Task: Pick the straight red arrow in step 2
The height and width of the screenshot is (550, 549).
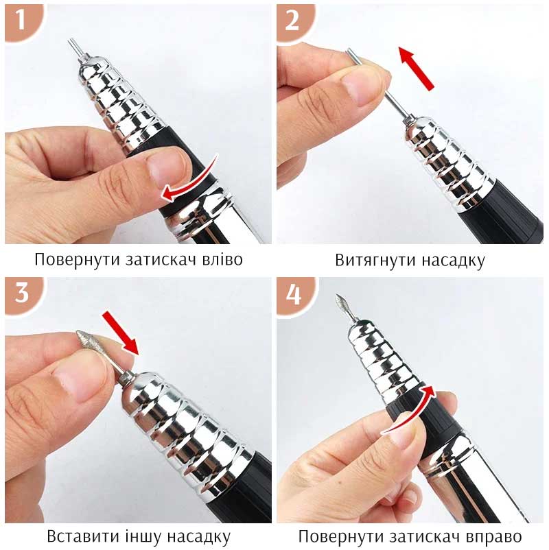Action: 416,69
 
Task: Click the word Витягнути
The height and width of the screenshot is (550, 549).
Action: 375,261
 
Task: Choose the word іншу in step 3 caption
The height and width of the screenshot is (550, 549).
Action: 143,536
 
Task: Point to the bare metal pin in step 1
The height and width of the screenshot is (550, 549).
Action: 75,48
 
